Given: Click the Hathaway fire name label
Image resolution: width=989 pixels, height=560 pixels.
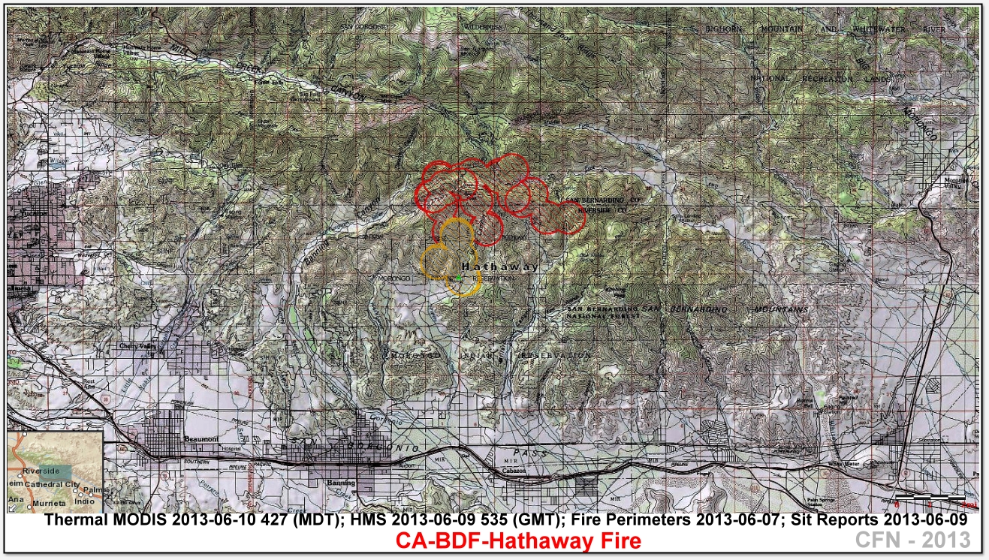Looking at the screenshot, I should pyautogui.click(x=488, y=267).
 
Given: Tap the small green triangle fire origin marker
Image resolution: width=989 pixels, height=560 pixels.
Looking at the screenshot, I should pyautogui.click(x=459, y=278).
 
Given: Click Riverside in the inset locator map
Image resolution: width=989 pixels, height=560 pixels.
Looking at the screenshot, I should pyautogui.click(x=41, y=470).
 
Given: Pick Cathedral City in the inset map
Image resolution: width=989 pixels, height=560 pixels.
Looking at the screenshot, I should pyautogui.click(x=52, y=484).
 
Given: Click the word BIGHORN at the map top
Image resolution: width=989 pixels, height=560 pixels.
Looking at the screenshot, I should pyautogui.click(x=723, y=29).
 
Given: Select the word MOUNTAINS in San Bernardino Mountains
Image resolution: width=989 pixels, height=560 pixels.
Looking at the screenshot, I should pyautogui.click(x=781, y=309).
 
